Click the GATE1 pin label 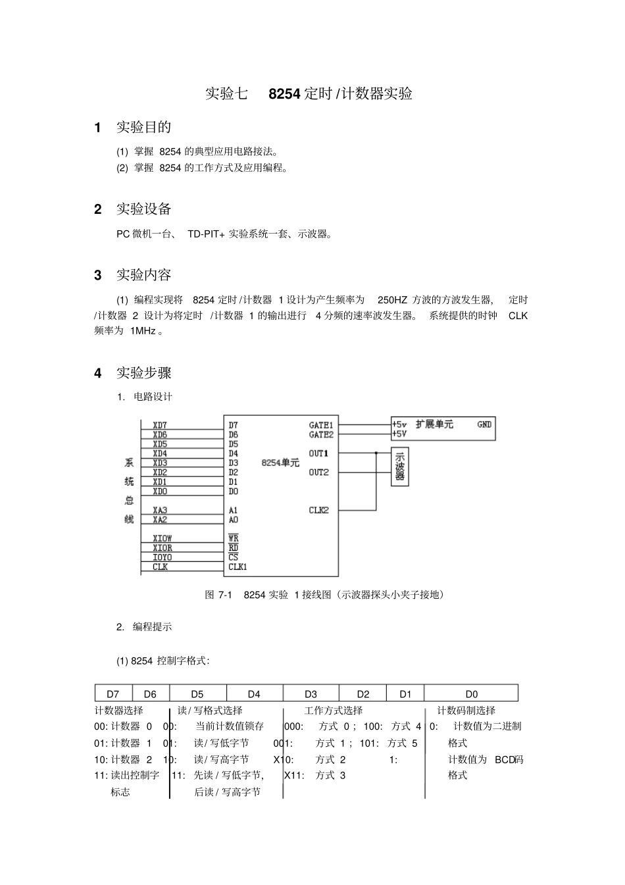pyautogui.click(x=320, y=425)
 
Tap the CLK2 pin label pyautogui.click(x=318, y=510)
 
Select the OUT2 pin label pyautogui.click(x=318, y=472)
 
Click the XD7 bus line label pyautogui.click(x=160, y=425)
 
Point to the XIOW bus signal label pyautogui.click(x=162, y=538)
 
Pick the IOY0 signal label pyautogui.click(x=162, y=557)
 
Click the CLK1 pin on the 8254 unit pyautogui.click(x=238, y=567)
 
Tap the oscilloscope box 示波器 pyautogui.click(x=400, y=467)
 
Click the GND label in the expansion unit pyautogui.click(x=484, y=424)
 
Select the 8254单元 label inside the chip pyautogui.click(x=280, y=463)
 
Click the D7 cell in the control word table pyautogui.click(x=113, y=694)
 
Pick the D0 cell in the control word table pyautogui.click(x=471, y=694)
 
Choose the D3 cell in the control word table pyautogui.click(x=311, y=694)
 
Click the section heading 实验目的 pyautogui.click(x=143, y=127)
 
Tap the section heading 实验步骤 pyautogui.click(x=143, y=373)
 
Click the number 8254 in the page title pyautogui.click(x=285, y=93)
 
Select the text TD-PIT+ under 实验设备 pyautogui.click(x=206, y=234)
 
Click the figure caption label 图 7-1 pyautogui.click(x=218, y=595)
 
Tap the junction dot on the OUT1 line pyautogui.click(x=376, y=453)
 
